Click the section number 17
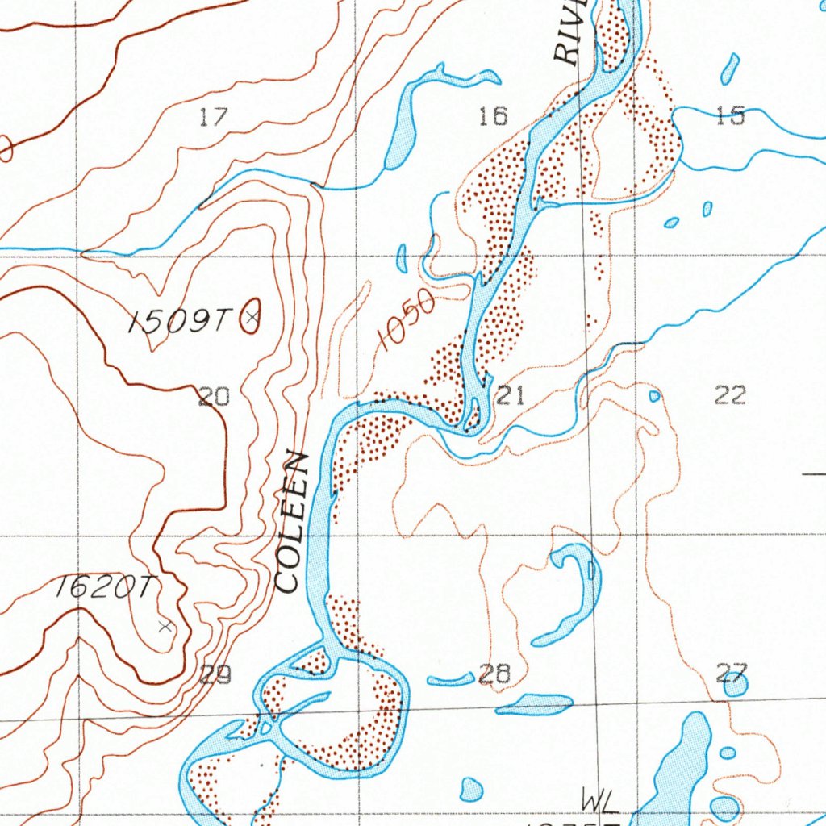pyautogui.click(x=213, y=117)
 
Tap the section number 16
pyautogui.click(x=493, y=116)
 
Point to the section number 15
pyautogui.click(x=729, y=116)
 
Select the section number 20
pyautogui.click(x=214, y=396)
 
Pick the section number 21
pyautogui.click(x=510, y=395)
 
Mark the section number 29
pyautogui.click(x=215, y=674)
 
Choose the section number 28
pyautogui.click(x=494, y=674)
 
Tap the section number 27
pyautogui.click(x=732, y=672)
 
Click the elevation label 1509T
pyautogui.click(x=178, y=323)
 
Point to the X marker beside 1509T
pyautogui.click(x=252, y=319)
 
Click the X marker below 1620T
pyautogui.click(x=165, y=626)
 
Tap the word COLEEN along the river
pyautogui.click(x=292, y=523)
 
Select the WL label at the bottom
pyautogui.click(x=599, y=801)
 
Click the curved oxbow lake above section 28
pyautogui.click(x=579, y=593)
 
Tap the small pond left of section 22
pyautogui.click(x=654, y=396)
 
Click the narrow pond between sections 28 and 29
pyautogui.click(x=450, y=680)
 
